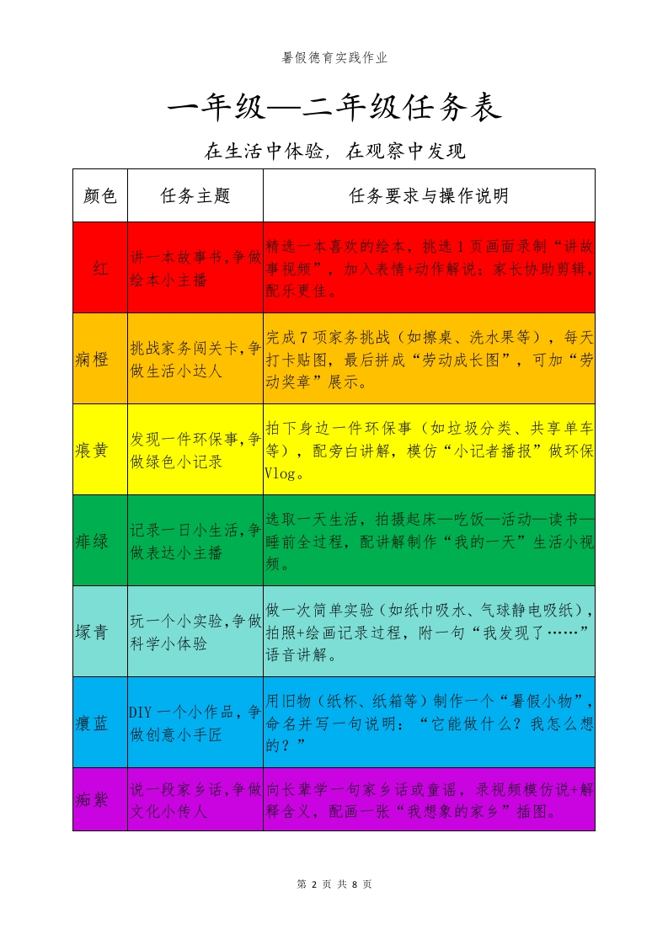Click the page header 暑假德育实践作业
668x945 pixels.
point(334,58)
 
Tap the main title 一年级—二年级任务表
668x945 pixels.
point(334,108)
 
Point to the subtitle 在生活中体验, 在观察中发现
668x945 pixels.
point(334,152)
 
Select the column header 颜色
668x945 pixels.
point(100,195)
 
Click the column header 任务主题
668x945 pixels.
point(195,195)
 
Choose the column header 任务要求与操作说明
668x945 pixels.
point(429,195)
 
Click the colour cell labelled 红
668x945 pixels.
point(100,269)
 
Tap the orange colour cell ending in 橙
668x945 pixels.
point(92,359)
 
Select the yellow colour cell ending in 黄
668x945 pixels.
point(92,450)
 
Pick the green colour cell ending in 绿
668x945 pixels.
point(92,541)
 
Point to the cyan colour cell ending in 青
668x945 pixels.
point(92,632)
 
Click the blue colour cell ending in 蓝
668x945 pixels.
point(92,723)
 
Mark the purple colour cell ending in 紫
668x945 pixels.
point(92,799)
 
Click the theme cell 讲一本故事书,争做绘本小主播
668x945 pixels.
point(195,269)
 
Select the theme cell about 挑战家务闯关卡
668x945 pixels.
point(195,359)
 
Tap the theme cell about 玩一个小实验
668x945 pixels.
point(195,632)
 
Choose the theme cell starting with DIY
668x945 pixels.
point(195,723)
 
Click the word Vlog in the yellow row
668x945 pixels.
point(280,473)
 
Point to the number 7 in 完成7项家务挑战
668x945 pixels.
point(302,337)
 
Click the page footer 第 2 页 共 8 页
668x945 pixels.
point(334,884)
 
